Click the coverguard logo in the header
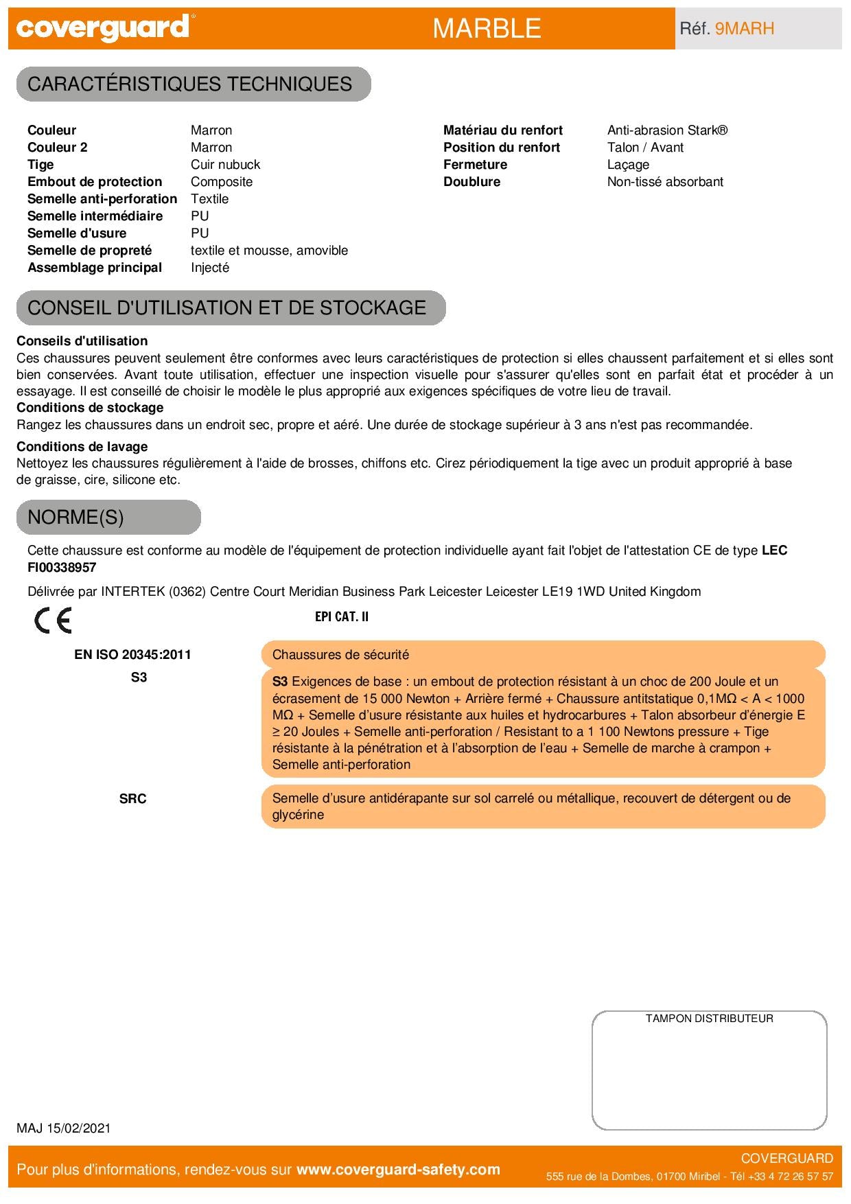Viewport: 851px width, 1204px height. point(102,28)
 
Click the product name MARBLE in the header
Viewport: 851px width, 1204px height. point(487,28)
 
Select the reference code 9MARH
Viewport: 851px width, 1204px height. point(745,28)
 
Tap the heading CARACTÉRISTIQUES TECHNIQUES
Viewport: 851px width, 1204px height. point(189,84)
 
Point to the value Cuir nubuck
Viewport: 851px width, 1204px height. point(225,165)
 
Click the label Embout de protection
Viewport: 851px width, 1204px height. point(95,182)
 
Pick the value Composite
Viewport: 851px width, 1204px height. point(222,182)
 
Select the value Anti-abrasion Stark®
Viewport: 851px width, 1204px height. point(667,130)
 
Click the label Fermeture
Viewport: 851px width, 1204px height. point(475,165)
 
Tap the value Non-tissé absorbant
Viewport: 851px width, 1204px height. point(665,182)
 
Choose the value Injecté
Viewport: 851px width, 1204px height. point(210,268)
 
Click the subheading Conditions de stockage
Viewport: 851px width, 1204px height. point(90,408)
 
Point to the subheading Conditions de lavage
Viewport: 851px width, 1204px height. point(82,447)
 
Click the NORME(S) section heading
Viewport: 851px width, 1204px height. point(75,517)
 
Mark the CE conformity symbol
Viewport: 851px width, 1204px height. point(53,621)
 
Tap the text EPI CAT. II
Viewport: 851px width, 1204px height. point(342,616)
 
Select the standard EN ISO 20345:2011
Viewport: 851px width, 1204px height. point(132,655)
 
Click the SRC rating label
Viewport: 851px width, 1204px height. point(132,799)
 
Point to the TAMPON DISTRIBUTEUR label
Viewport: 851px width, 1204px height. point(709,1019)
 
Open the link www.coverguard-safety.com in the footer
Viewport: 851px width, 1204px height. point(398,1170)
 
